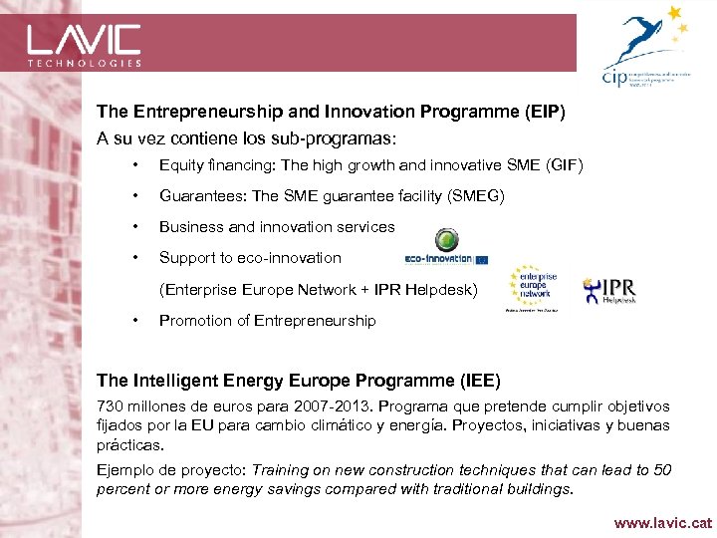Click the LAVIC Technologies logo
point(84,44)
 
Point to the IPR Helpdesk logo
point(609,290)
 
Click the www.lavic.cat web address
point(663,522)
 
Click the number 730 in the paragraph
point(110,406)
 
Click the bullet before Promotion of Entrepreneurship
point(133,321)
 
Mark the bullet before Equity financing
point(133,164)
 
